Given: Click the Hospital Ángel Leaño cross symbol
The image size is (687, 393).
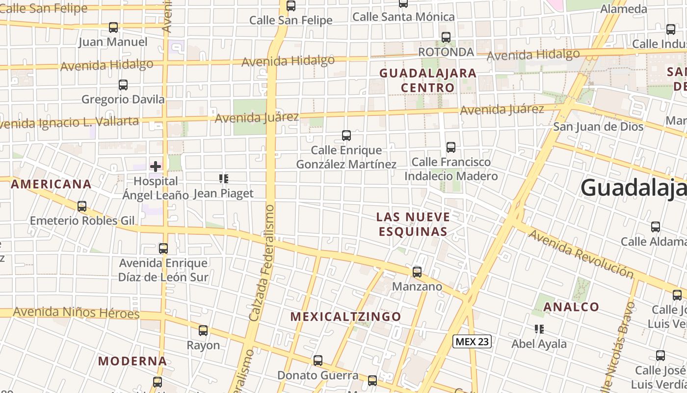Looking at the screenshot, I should (x=156, y=167).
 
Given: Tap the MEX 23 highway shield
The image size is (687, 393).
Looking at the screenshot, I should (x=472, y=341).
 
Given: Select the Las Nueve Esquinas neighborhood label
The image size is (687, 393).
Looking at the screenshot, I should (x=413, y=224).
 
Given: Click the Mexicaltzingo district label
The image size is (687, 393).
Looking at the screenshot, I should (x=346, y=316).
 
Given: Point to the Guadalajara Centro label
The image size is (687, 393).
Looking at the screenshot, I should (x=428, y=81).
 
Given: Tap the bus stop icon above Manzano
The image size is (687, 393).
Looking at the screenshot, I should (x=417, y=272).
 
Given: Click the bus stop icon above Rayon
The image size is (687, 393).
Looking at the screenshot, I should (x=203, y=331).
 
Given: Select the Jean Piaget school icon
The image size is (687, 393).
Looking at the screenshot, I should (x=224, y=179).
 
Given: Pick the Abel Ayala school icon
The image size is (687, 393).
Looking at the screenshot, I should (x=539, y=329).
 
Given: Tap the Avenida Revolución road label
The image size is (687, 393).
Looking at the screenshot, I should (x=581, y=253).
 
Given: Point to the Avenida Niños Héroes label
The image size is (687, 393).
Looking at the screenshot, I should (x=76, y=312).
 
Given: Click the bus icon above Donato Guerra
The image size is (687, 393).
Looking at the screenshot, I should (x=318, y=361).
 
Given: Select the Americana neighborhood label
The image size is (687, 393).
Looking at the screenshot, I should (x=51, y=184).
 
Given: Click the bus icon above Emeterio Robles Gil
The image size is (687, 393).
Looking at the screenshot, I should (x=82, y=206).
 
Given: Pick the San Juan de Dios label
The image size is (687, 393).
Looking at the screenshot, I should (x=598, y=127).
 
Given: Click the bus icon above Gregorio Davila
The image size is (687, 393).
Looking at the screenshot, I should (x=123, y=85).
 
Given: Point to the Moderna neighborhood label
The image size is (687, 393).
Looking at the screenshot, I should (x=132, y=361).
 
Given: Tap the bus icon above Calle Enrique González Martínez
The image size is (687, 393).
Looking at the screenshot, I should (x=346, y=136).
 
